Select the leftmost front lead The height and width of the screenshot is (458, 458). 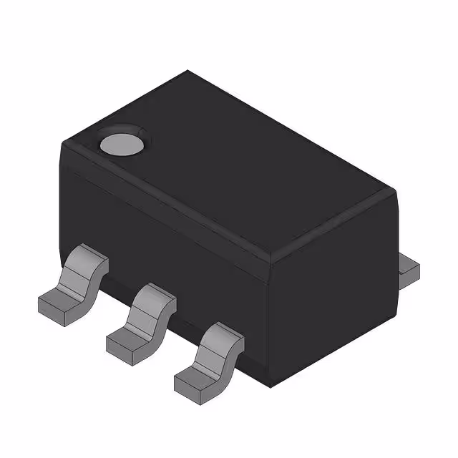click(72, 283)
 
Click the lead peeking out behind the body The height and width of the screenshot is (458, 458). click(408, 270)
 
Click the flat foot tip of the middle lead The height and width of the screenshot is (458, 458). click(123, 341)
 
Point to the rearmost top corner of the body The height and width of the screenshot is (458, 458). click(188, 72)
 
